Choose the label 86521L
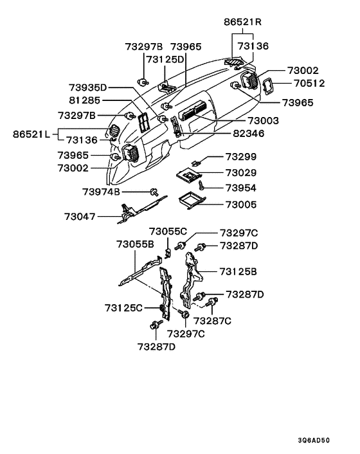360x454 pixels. tap(32, 134)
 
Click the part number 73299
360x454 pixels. tap(241, 157)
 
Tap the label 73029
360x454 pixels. tap(241, 172)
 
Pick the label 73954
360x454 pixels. tap(241, 188)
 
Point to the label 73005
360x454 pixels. tap(241, 204)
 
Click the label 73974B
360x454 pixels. tap(102, 192)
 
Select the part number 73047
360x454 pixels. tap(80, 217)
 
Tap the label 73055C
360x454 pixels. tap(168, 232)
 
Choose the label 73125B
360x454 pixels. tap(238, 271)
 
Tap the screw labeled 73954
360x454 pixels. tap(201, 186)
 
